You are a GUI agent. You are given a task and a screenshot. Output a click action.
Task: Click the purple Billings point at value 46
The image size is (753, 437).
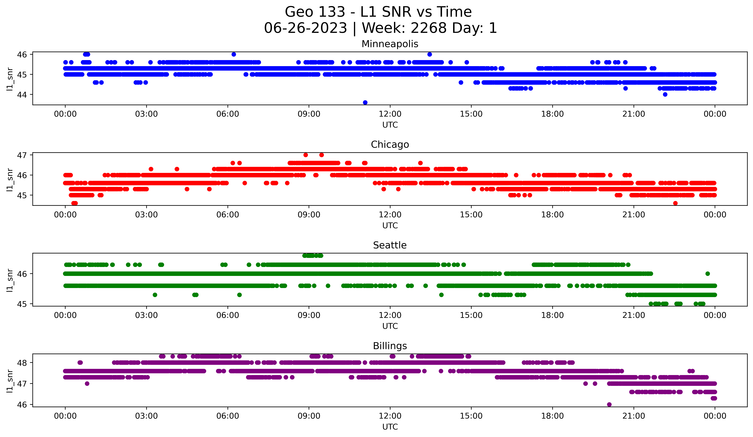coord(609,404)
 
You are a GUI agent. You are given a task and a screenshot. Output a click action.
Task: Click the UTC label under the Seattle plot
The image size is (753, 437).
coord(390,326)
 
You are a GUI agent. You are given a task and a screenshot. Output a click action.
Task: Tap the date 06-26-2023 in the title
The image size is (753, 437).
coord(305,28)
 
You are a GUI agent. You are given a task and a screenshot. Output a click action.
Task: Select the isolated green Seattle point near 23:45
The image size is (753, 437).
coord(707,274)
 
